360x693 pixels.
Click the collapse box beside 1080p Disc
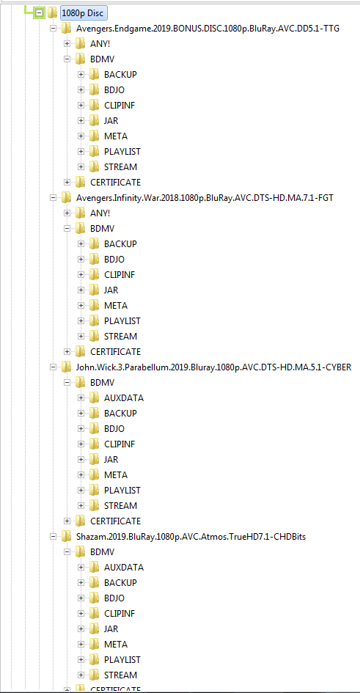tap(40, 13)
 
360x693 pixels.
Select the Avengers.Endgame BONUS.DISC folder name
tap(208, 29)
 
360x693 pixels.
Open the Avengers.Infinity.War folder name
tap(205, 198)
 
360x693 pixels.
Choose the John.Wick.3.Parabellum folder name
tap(214, 367)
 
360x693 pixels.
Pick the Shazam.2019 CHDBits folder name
tap(191, 537)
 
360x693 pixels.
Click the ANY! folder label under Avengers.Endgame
tap(100, 44)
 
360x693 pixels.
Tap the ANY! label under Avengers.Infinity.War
tap(100, 213)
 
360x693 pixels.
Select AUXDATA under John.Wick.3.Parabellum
tap(124, 397)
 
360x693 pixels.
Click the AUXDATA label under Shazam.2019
tap(124, 568)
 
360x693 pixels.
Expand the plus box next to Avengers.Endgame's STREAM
tap(81, 167)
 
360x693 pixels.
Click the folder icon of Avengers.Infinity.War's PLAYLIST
tap(94, 320)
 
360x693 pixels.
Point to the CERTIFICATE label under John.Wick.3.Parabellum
tap(115, 521)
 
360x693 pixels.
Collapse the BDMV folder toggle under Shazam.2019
tap(67, 552)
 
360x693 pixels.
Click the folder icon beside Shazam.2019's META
tap(94, 644)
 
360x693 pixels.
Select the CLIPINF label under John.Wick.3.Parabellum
tap(120, 444)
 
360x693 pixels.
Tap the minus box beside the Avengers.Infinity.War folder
tap(54, 198)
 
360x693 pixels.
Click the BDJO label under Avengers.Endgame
tap(114, 90)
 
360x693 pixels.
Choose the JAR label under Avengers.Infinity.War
tap(111, 290)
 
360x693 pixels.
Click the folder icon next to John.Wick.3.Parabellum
tap(66, 367)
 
